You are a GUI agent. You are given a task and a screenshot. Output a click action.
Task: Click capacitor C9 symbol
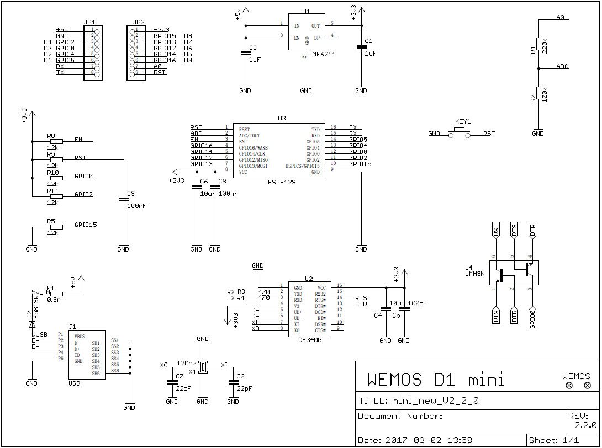123,200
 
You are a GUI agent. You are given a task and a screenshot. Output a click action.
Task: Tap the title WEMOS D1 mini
435,380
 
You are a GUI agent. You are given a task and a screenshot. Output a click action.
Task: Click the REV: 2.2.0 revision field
583,420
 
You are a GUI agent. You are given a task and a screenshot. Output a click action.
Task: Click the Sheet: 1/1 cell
554,440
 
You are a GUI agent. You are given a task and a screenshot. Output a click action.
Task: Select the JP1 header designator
89,23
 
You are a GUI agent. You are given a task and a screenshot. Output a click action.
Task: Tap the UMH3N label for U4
476,274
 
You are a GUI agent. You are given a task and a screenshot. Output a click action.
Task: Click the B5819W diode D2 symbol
32,322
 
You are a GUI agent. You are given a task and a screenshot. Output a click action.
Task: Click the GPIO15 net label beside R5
86,225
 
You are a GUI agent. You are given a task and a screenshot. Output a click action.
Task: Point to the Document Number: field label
400,416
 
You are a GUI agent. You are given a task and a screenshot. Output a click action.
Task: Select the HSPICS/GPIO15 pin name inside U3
302,166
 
